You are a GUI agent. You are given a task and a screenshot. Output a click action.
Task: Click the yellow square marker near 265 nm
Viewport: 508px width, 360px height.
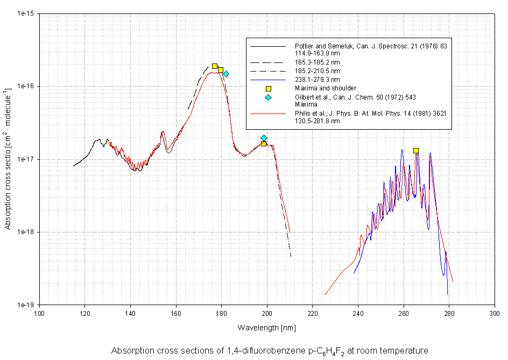tap(416, 151)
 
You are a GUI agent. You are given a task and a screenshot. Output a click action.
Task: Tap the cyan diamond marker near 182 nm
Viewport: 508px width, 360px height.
tap(226, 74)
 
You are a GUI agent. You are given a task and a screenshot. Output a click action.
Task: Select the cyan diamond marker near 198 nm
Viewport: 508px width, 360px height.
tap(264, 138)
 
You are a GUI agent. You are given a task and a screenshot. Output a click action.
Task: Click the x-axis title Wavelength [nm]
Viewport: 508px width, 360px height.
tap(266, 327)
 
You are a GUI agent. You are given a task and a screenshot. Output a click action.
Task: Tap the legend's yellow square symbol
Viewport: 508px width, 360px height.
tap(268, 88)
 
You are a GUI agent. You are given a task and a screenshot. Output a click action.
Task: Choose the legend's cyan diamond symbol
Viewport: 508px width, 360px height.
tap(268, 97)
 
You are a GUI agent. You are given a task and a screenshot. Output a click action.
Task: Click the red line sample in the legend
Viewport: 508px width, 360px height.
tap(268, 114)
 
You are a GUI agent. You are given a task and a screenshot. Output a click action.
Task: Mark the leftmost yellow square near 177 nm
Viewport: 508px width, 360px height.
tap(215, 66)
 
